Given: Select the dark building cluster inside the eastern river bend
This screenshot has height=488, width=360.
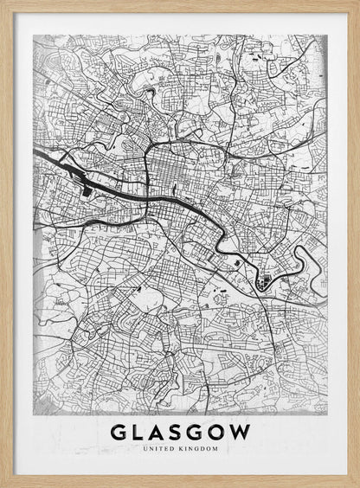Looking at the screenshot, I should coord(265,279).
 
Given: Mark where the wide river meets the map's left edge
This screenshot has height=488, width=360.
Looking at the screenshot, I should coord(35,152).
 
